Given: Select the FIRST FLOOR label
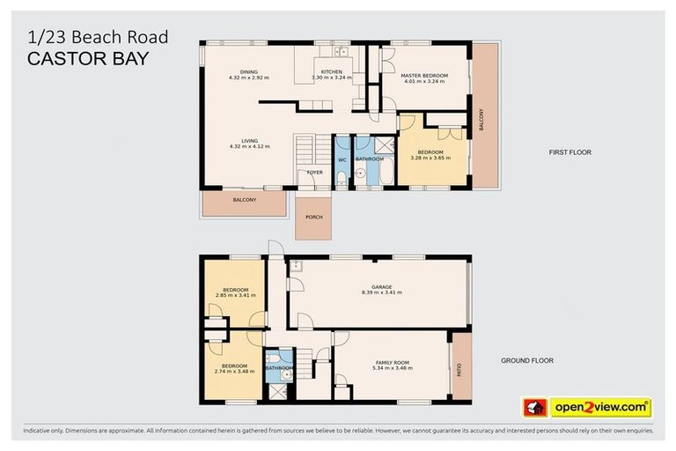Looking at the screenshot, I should tap(569, 152).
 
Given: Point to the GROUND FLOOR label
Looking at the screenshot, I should tap(527, 360).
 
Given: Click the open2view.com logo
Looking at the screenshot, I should tap(599, 408).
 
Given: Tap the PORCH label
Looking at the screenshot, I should tap(313, 217).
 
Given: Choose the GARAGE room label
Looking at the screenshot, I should tap(380, 286).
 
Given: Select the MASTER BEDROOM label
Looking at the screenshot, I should tap(424, 76).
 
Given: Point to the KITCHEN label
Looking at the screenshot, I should tap(332, 70).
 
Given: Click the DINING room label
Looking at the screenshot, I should tap(249, 72).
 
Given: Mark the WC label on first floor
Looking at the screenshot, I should tap(342, 160).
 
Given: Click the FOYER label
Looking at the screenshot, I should tap(314, 173).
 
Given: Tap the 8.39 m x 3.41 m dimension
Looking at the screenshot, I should tap(380, 292).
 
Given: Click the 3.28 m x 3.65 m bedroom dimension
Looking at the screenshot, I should tap(430, 159).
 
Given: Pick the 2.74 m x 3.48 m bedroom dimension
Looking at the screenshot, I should tap(234, 371).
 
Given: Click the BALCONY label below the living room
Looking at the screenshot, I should tap(244, 201).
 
